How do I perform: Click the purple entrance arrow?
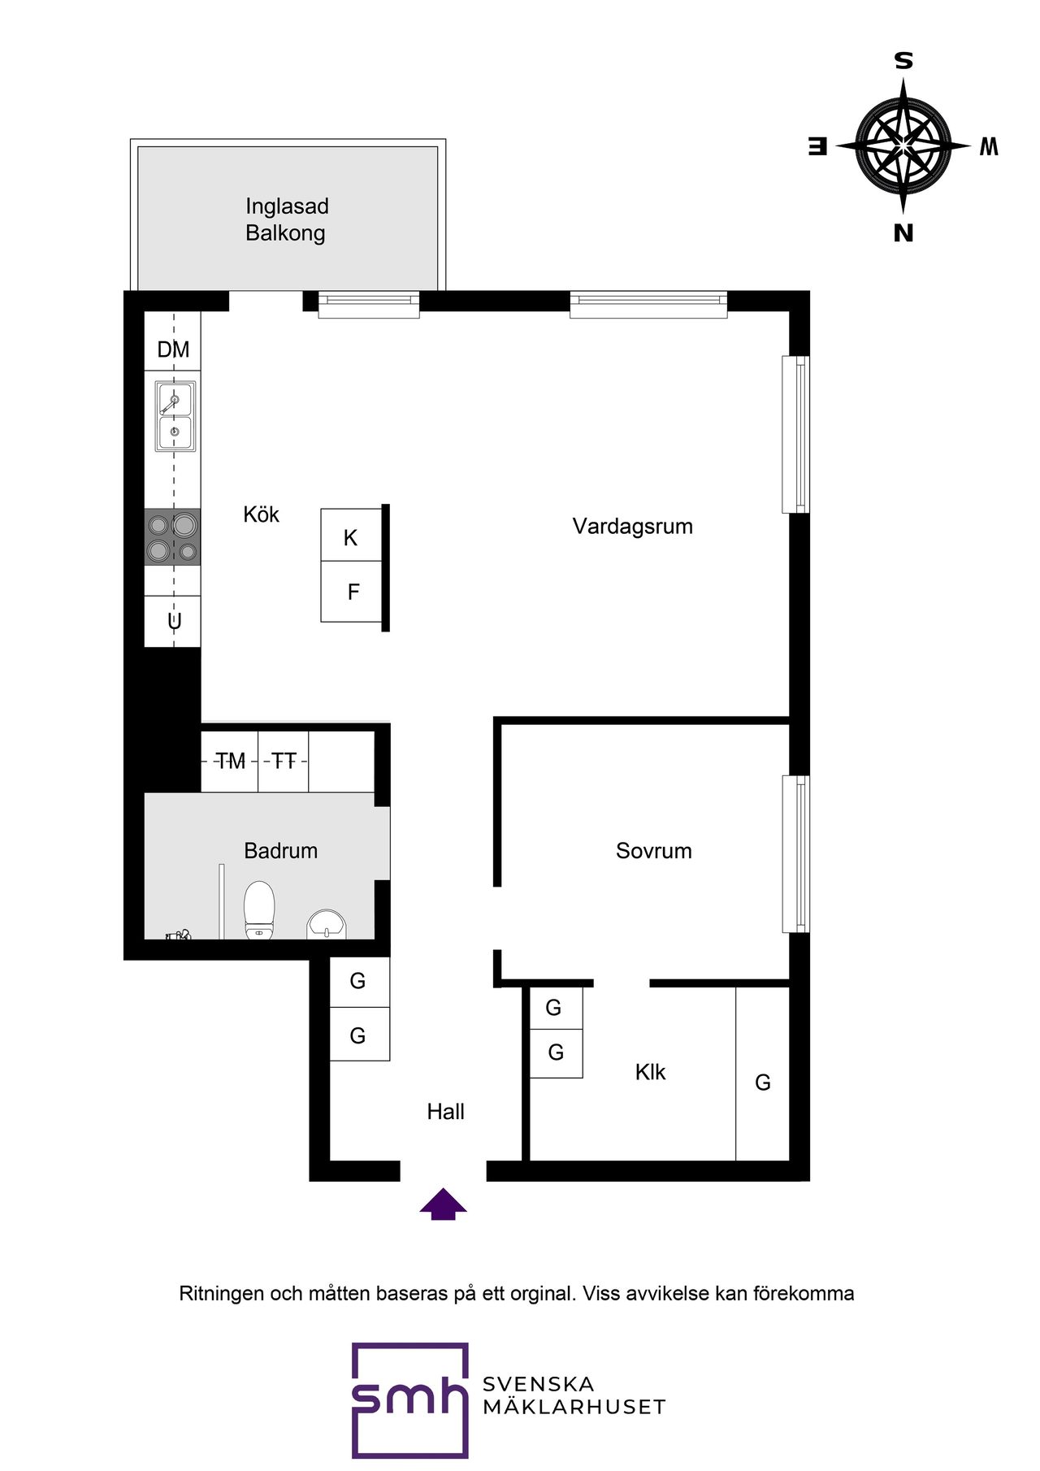pyautogui.click(x=443, y=1204)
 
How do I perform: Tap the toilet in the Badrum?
pyautogui.click(x=259, y=910)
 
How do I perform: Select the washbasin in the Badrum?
pyautogui.click(x=327, y=925)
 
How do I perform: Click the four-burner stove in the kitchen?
pyautogui.click(x=172, y=536)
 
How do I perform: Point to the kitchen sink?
pyautogui.click(x=175, y=416)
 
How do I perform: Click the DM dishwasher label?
pyautogui.click(x=173, y=349)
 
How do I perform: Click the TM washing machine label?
pyautogui.click(x=230, y=762)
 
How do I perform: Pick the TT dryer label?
pyautogui.click(x=284, y=762)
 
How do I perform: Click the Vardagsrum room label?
pyautogui.click(x=632, y=527)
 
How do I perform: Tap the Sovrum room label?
pyautogui.click(x=654, y=851)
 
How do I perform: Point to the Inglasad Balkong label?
pyautogui.click(x=287, y=219)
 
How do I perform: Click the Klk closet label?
pyautogui.click(x=650, y=1072)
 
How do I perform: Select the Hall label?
pyautogui.click(x=446, y=1112)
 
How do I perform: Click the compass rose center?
pyautogui.click(x=903, y=146)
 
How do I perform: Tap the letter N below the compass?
pyautogui.click(x=903, y=233)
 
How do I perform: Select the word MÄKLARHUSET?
pyautogui.click(x=574, y=1407)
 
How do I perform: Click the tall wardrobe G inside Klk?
pyautogui.click(x=763, y=1074)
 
